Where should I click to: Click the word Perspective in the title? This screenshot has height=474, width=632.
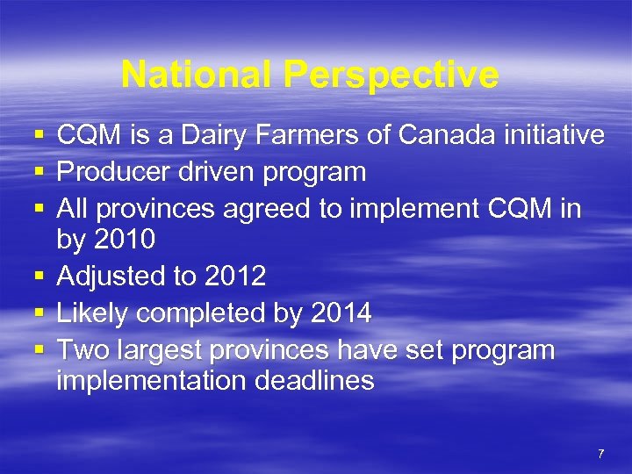pos(391,75)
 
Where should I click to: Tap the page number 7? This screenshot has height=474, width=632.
pos(600,454)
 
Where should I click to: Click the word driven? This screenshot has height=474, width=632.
pos(214,171)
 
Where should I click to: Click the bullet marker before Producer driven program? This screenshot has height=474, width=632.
pos(38,172)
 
